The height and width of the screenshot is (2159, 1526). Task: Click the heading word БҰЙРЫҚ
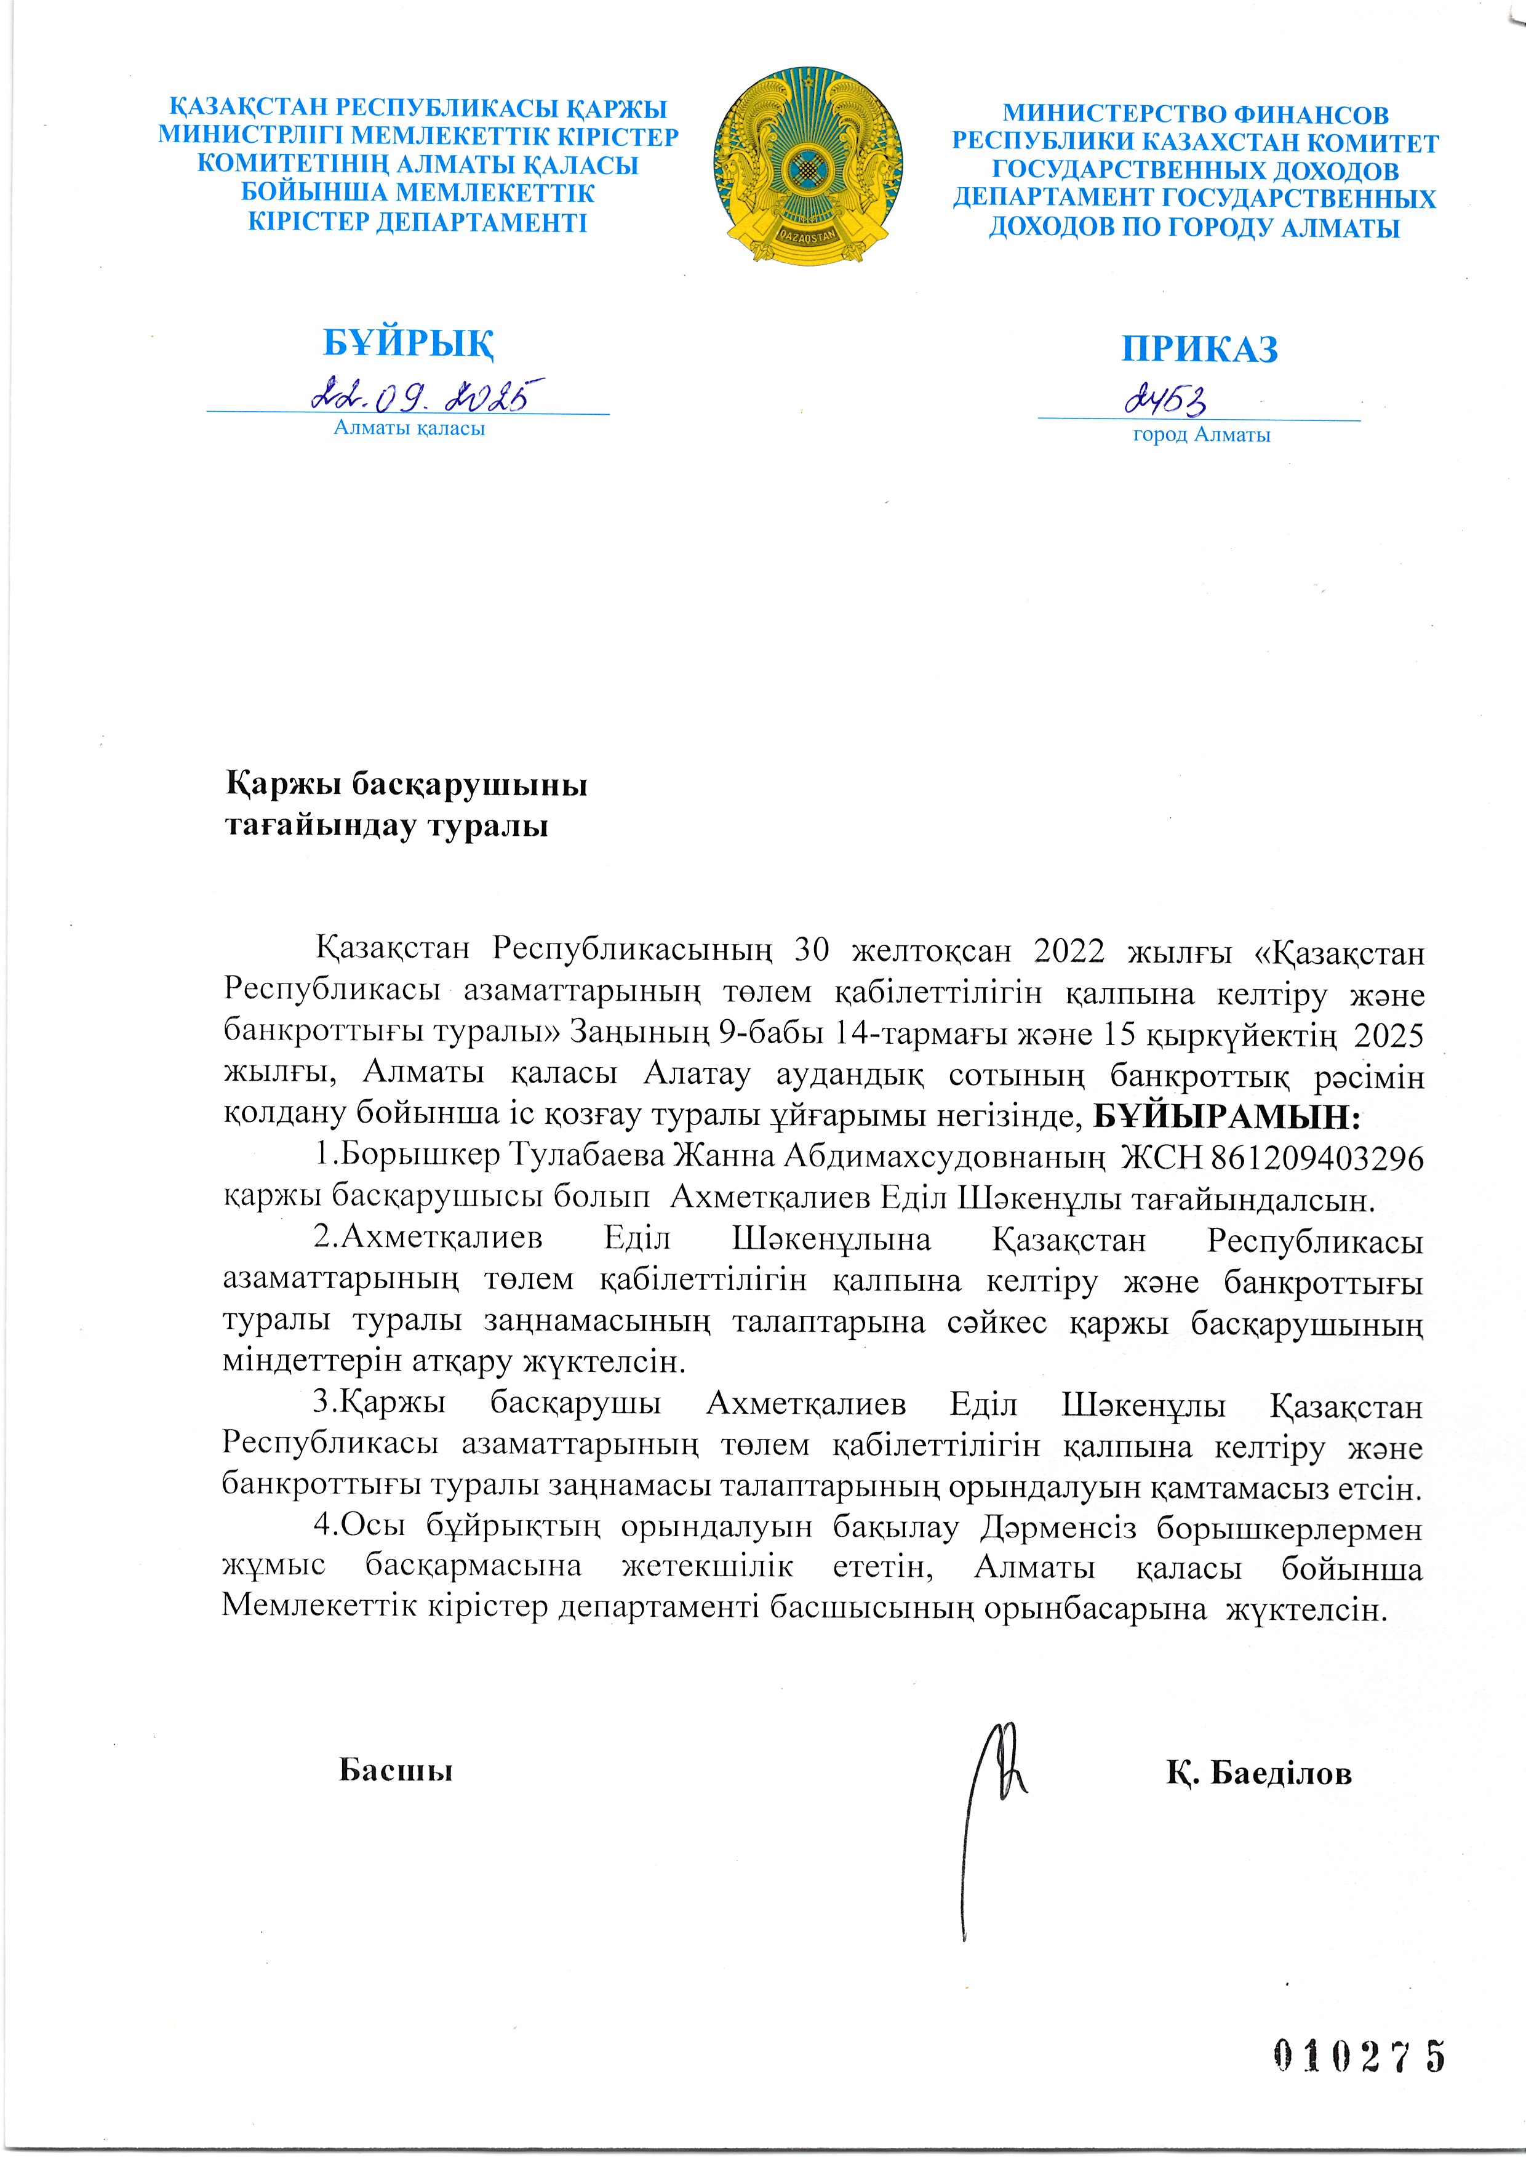pos(409,344)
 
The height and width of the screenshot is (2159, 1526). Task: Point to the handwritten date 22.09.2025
pos(428,395)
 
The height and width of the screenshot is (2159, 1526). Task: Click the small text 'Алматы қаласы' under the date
pos(409,429)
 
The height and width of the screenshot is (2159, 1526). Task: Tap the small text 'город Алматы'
pos(1200,435)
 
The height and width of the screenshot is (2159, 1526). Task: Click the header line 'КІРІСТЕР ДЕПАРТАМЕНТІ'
pos(417,223)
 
